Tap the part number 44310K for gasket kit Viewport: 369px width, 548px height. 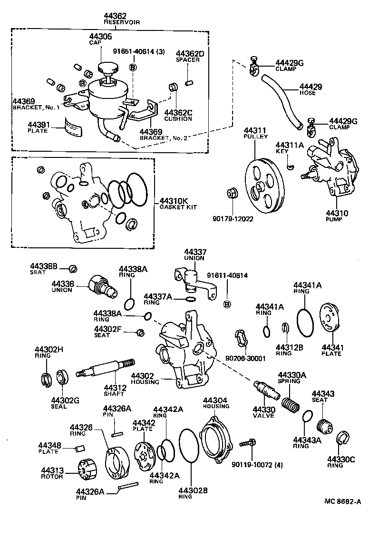172,201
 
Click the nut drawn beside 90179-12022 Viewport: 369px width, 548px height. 233,194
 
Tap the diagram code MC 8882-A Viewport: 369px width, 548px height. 343,501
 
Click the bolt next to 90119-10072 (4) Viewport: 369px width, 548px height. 248,442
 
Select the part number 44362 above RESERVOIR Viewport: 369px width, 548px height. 116,16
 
